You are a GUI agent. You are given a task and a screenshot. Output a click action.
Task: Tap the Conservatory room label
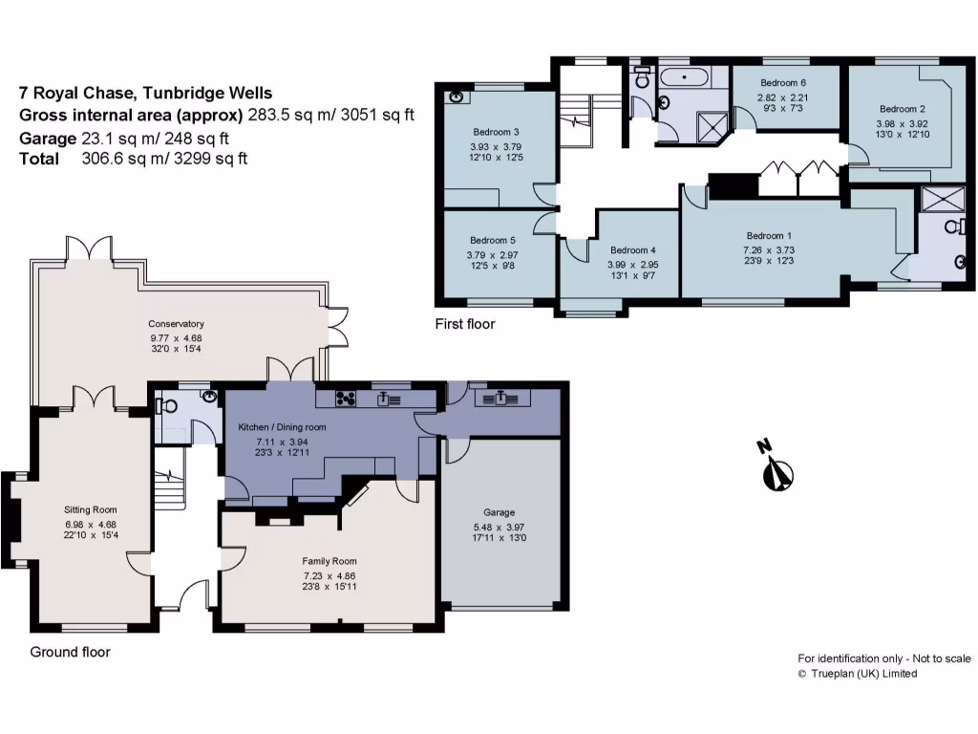point(176,324)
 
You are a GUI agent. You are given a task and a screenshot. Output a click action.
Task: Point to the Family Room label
point(329,561)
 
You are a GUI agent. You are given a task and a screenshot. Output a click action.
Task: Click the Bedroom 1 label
point(769,235)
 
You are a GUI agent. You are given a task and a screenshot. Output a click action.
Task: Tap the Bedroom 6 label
point(783,83)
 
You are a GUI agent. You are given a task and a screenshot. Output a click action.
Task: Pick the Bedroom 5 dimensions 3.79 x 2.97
point(493,255)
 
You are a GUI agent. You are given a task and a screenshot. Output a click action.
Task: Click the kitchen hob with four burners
point(344,399)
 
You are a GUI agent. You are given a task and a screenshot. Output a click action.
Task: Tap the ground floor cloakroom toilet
point(170,405)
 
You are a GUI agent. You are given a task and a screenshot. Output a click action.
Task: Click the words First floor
point(465,324)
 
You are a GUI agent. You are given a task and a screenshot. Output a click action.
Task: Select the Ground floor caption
point(70,652)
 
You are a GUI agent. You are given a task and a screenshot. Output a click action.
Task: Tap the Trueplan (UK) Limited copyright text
point(858,674)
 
